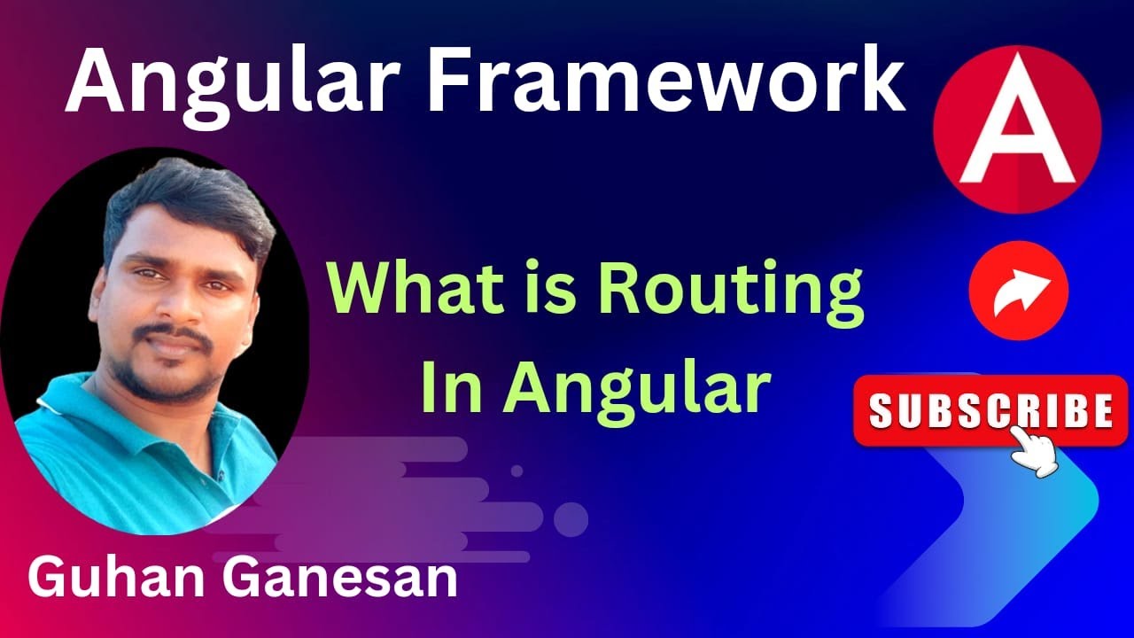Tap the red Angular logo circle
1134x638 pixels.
(x=1017, y=129)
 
